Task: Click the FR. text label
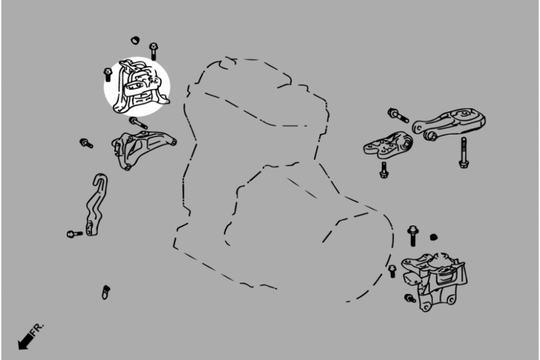[37, 330]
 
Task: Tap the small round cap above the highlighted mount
[135, 40]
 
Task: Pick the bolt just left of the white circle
[108, 74]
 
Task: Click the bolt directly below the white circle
[138, 123]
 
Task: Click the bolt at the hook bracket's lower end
[75, 234]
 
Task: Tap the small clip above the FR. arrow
[106, 292]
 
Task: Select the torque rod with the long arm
[449, 123]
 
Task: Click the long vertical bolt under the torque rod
[463, 152]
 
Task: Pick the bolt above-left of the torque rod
[398, 115]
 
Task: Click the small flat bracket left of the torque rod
[388, 145]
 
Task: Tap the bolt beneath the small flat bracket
[384, 170]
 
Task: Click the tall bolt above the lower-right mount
[412, 236]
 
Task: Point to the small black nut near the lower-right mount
[434, 237]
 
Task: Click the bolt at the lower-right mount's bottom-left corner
[410, 298]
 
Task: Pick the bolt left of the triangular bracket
[86, 143]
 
